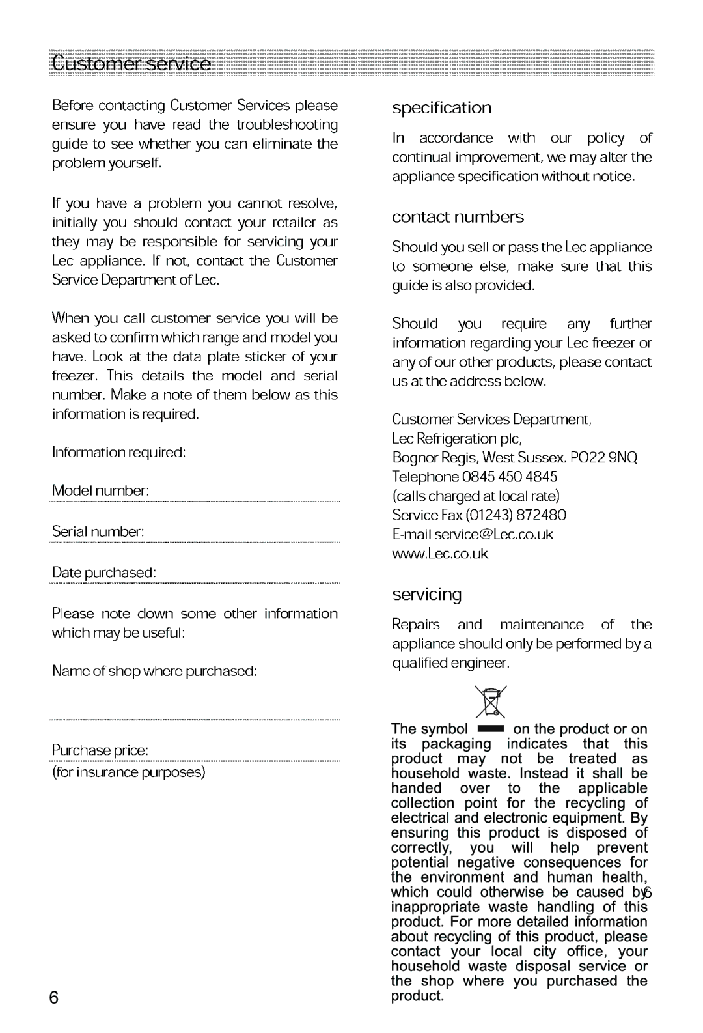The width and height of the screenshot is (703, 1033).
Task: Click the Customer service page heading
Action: tap(131, 64)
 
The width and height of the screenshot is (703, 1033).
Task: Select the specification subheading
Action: tap(441, 108)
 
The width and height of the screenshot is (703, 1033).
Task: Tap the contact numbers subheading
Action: tap(458, 217)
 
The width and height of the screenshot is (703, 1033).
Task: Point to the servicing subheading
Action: tap(426, 594)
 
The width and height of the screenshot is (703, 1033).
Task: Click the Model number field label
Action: tap(101, 490)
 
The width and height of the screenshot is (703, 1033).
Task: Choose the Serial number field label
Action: tap(98, 531)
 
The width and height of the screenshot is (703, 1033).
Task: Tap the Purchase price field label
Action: tap(100, 750)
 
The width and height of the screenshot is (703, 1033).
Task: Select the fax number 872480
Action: tap(542, 515)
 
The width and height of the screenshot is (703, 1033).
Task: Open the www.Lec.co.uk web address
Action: tap(440, 554)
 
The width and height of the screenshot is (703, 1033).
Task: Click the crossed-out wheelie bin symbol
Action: tap(490, 702)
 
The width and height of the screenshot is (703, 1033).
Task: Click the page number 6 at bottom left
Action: tap(54, 998)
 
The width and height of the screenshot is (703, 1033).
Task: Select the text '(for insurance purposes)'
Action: tap(129, 772)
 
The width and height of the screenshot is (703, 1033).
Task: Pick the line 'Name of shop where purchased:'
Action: tap(154, 671)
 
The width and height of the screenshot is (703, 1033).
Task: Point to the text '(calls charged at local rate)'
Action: tap(476, 496)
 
